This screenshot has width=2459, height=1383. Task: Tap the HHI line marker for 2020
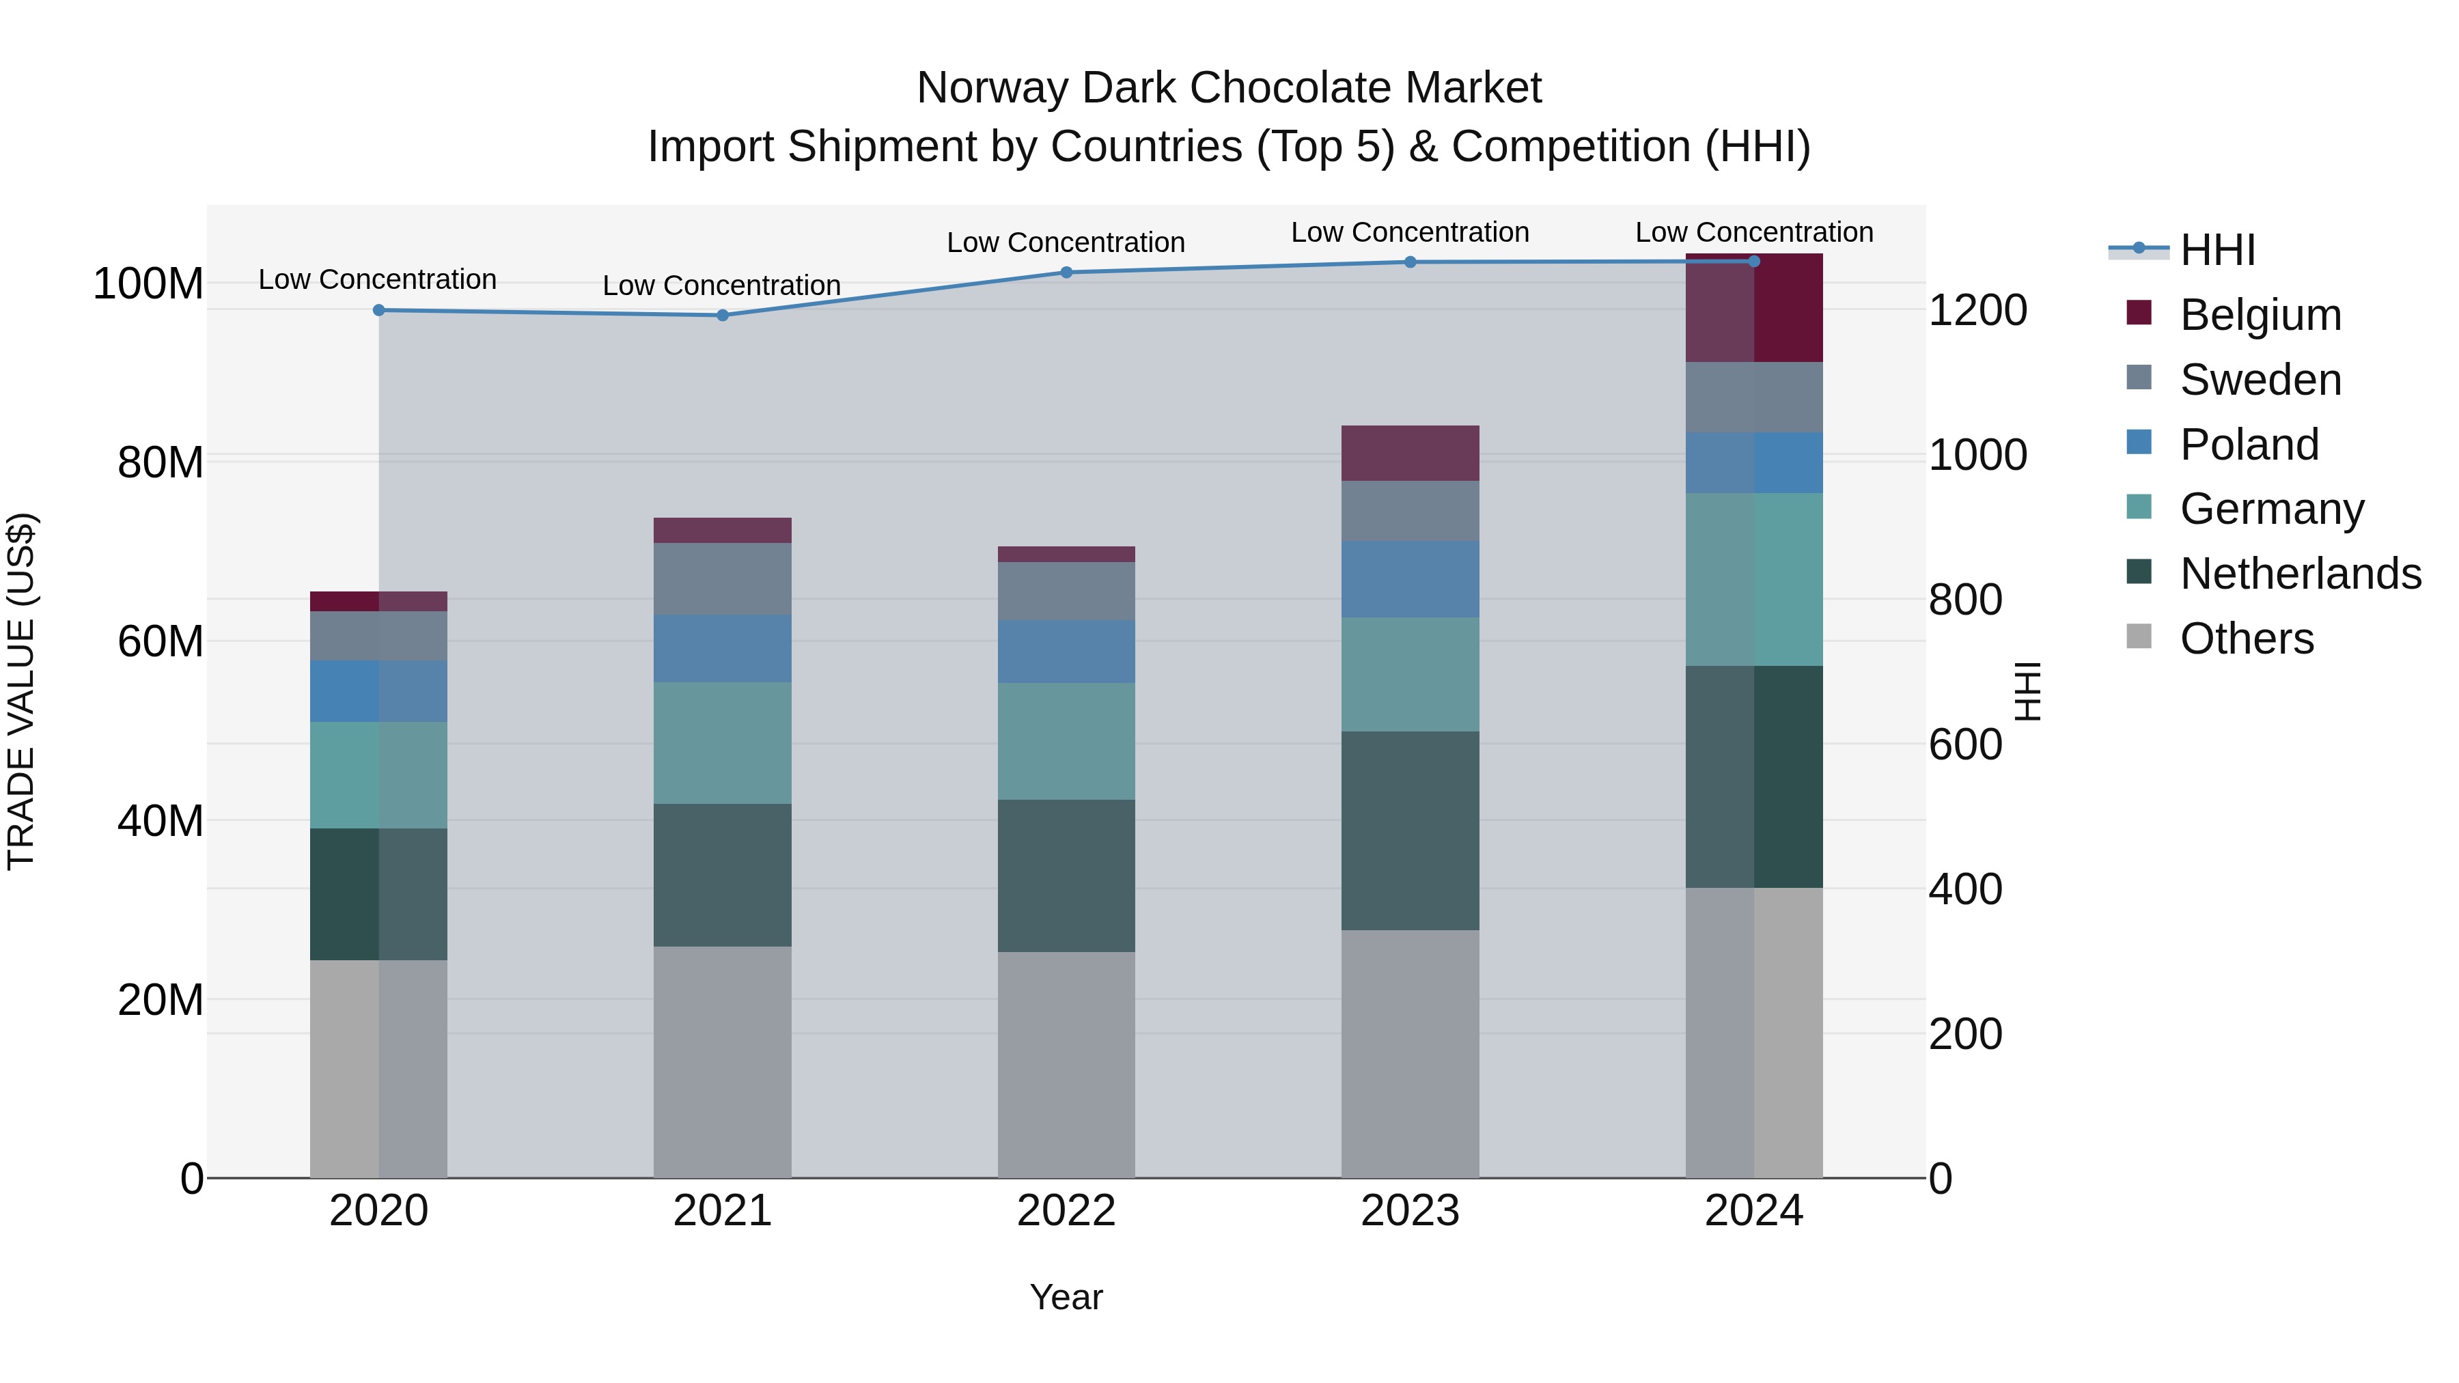coord(379,310)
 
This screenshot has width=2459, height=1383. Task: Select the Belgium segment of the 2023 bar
coord(1410,453)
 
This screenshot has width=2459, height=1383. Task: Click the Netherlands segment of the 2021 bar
coord(723,876)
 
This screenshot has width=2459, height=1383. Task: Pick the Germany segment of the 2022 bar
coord(1066,742)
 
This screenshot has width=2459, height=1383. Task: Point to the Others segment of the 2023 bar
coord(1410,1054)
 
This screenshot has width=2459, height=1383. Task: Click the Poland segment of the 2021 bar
coord(723,649)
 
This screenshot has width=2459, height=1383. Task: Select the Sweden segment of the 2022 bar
coord(1066,591)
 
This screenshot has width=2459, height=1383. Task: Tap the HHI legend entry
coord(2217,250)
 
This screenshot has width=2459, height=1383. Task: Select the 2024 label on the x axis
coord(1753,1211)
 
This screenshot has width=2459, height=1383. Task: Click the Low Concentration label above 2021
coord(722,285)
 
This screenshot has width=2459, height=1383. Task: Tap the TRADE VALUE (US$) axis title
coord(22,691)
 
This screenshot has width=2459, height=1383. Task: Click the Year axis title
coord(1066,1297)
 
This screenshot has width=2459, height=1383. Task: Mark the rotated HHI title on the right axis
coord(2027,691)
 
